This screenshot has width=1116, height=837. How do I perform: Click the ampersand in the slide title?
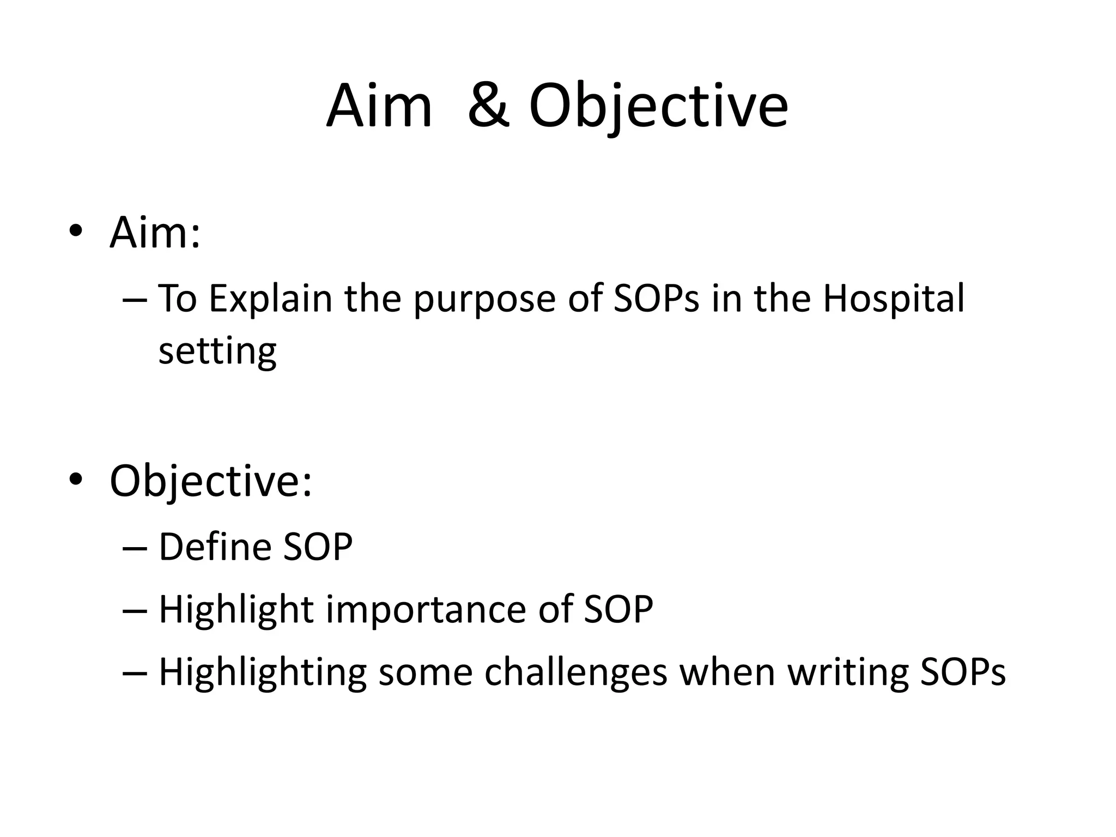click(489, 106)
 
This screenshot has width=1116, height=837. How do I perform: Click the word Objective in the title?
click(658, 106)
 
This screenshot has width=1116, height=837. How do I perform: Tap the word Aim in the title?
click(379, 106)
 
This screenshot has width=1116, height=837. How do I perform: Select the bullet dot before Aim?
click(76, 231)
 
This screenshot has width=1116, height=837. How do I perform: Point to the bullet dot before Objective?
click(76, 479)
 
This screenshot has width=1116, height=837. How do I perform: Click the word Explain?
click(270, 299)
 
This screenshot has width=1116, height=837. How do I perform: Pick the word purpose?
click(484, 299)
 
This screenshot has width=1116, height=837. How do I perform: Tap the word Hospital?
click(893, 299)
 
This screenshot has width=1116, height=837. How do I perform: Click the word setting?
click(217, 351)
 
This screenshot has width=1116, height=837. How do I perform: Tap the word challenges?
click(575, 672)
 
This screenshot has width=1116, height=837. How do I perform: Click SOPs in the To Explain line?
click(656, 299)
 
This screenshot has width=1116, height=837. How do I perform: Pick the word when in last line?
click(727, 672)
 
